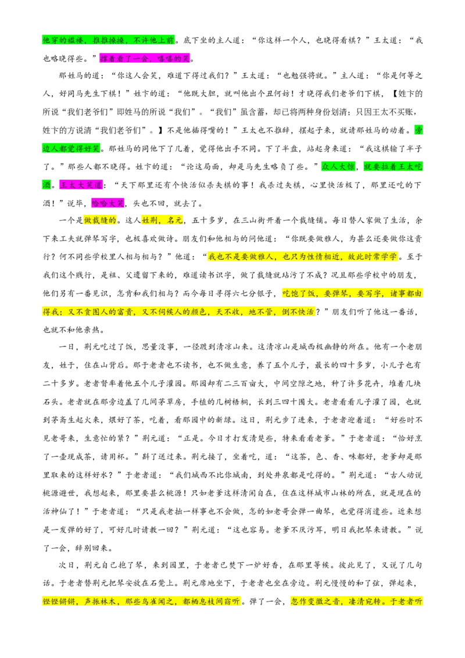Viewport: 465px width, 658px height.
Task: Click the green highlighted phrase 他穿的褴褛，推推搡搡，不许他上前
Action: pos(108,40)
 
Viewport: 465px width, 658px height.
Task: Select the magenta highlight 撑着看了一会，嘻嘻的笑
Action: pos(145,58)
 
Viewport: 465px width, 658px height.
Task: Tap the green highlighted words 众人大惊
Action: pos(338,167)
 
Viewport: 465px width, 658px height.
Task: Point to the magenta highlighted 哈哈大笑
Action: pos(108,203)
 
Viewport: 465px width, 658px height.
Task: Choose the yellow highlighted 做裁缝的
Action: pos(100,220)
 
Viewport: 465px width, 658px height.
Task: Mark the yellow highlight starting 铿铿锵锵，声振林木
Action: pos(141,602)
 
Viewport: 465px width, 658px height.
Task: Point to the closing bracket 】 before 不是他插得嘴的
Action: pos(162,130)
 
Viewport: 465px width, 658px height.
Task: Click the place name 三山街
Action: pos(253,220)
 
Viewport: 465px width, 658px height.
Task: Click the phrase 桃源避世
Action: pos(59,493)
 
